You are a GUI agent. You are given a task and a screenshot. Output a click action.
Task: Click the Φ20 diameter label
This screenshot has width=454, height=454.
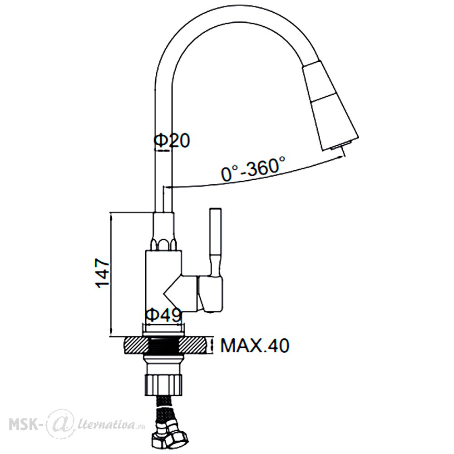(172, 141)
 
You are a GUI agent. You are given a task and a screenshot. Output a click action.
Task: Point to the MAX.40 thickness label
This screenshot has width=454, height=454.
(255, 345)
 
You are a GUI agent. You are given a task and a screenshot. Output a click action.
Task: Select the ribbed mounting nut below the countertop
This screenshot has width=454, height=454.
(163, 385)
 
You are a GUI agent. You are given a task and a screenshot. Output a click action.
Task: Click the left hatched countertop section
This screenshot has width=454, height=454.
(136, 345)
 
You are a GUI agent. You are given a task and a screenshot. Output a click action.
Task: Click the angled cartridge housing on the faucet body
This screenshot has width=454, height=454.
(181, 293)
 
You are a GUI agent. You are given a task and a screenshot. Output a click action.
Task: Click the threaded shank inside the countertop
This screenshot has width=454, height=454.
(163, 345)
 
